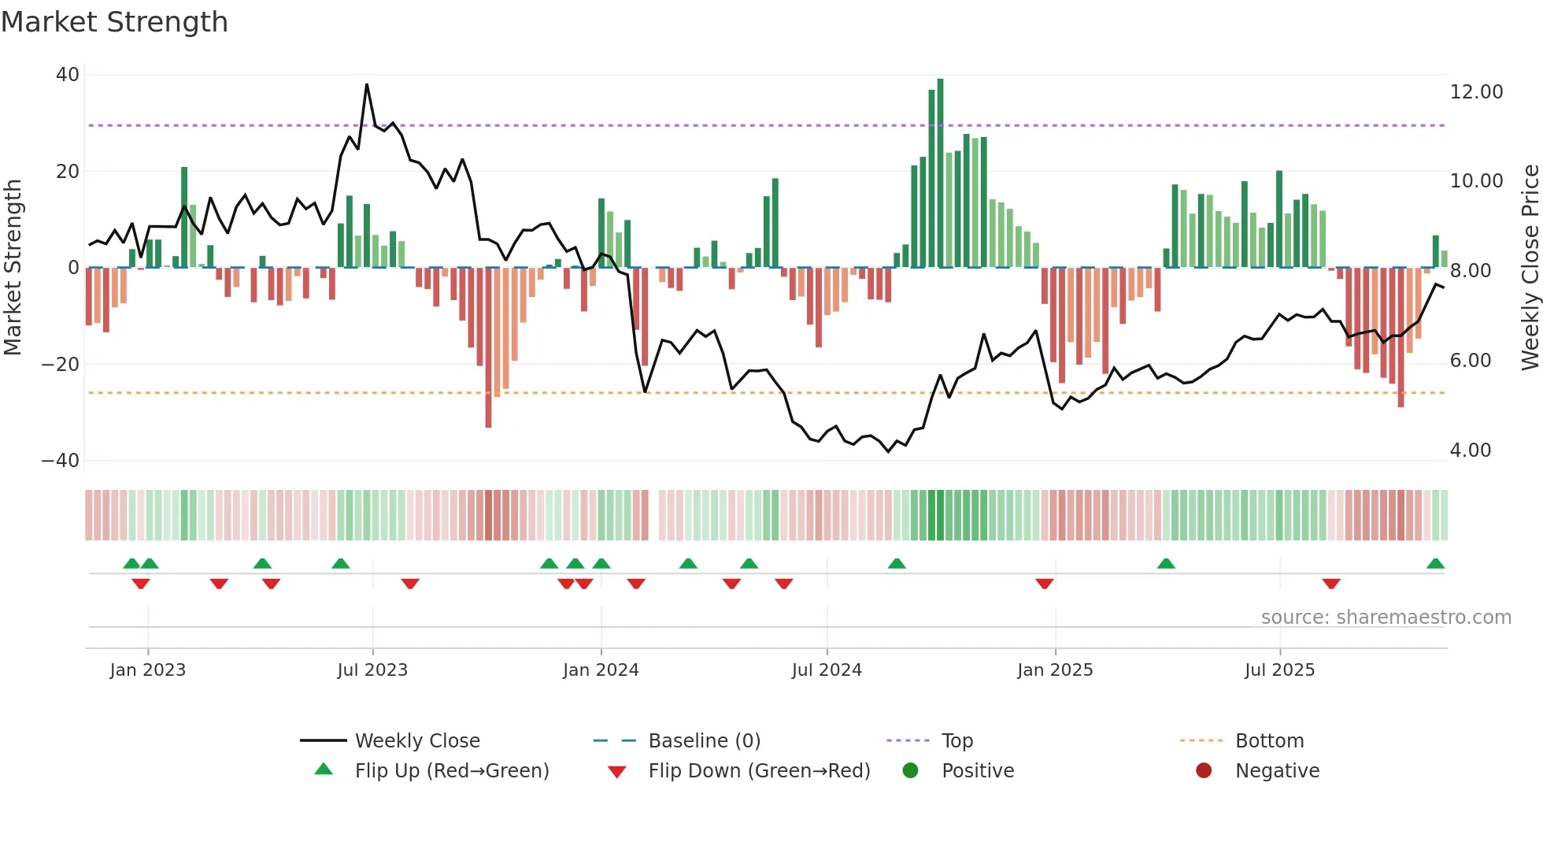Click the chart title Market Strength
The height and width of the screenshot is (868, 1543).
(114, 22)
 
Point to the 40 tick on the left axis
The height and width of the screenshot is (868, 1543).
(68, 75)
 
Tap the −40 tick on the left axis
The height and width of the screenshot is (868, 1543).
(61, 461)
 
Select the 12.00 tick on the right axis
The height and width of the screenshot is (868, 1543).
(1476, 92)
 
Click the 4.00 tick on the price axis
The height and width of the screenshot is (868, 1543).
(1470, 451)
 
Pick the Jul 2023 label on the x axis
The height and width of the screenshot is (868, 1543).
(372, 670)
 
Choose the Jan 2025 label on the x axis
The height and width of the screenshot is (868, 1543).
(1055, 670)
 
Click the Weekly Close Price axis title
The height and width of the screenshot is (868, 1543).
(1530, 268)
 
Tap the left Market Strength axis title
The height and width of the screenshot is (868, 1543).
(13, 268)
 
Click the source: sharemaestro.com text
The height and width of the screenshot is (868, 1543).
(1386, 618)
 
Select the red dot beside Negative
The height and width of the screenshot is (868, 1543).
(1204, 770)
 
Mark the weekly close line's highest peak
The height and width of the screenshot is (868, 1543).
(367, 85)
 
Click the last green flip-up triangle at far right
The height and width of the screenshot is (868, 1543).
(1435, 564)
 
